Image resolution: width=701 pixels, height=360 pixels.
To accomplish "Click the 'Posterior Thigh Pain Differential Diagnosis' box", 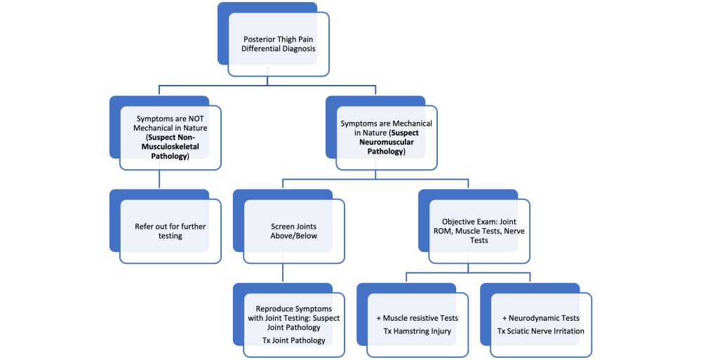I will tap(279, 44).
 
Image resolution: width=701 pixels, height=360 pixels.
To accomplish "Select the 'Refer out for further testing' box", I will tap(169, 232).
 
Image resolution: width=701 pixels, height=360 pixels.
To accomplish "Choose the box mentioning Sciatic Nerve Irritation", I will tap(540, 324).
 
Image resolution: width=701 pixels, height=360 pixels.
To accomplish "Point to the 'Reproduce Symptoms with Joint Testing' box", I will tap(289, 324).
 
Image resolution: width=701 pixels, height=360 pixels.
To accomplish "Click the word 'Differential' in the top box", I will tap(260, 49).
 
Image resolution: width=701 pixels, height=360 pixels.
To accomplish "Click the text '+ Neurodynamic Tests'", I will tap(540, 318).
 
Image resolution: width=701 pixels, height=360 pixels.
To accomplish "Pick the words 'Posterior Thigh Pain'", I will tap(279, 39).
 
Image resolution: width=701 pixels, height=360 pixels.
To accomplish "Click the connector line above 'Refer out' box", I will tap(160, 180).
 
